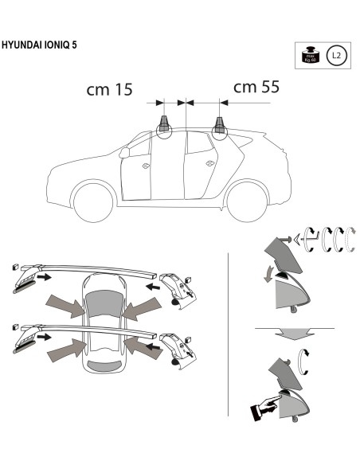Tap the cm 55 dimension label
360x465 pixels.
pyautogui.click(x=256, y=87)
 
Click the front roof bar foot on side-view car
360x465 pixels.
pyautogui.click(x=166, y=124)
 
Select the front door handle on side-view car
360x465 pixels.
pyautogui.click(x=145, y=166)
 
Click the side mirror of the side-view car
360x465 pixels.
pyautogui.click(x=124, y=151)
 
